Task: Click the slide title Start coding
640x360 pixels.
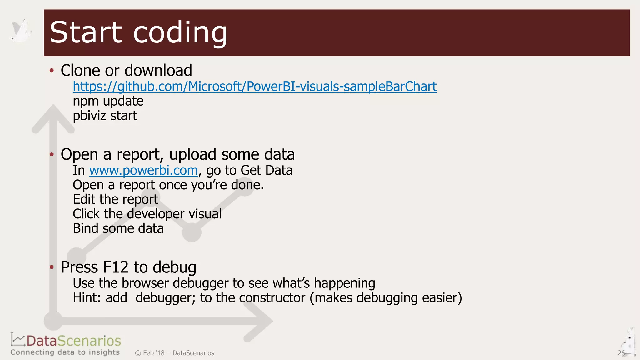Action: click(x=138, y=32)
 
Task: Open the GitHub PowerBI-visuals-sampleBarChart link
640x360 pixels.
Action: click(x=254, y=87)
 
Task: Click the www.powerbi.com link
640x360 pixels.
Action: click(x=143, y=171)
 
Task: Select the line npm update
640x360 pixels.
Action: click(x=108, y=101)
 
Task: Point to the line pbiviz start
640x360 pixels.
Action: click(x=105, y=116)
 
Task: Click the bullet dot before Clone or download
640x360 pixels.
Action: click(x=52, y=70)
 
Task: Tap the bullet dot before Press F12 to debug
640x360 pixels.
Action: click(x=52, y=267)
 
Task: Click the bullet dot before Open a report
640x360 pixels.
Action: click(x=52, y=154)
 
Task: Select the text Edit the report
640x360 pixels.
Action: click(x=115, y=199)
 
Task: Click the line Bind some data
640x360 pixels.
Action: click(x=118, y=228)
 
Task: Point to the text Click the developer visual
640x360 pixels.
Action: click(x=147, y=214)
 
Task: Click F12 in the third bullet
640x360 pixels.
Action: click(x=115, y=267)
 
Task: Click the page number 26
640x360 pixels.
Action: click(x=621, y=353)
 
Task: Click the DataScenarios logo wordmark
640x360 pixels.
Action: click(x=73, y=341)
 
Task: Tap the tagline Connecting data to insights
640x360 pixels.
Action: click(x=65, y=352)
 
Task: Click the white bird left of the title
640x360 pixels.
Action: click(x=21, y=31)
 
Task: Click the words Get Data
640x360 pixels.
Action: click(x=267, y=171)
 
